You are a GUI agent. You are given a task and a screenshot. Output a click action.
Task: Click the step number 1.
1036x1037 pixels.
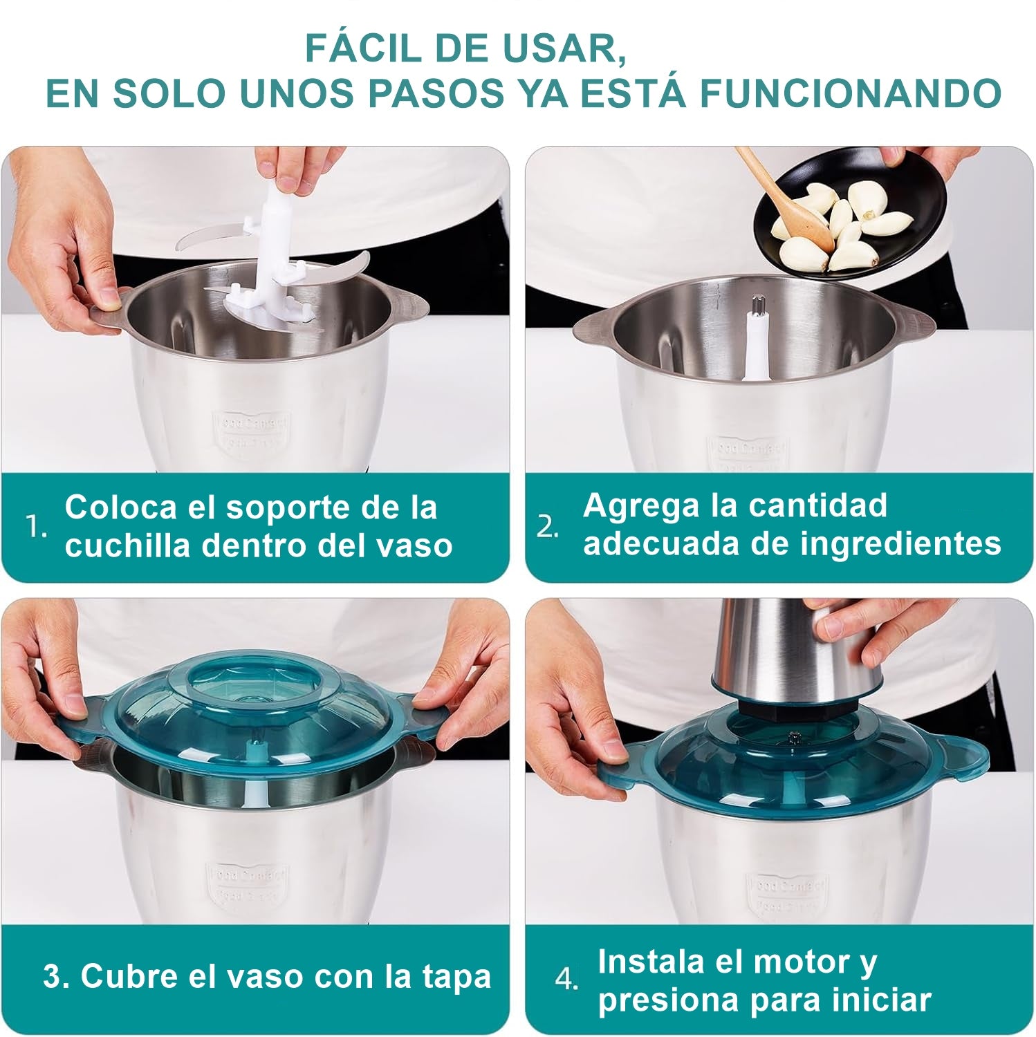coord(37,527)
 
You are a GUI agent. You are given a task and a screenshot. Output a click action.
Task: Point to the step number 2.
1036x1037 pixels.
coord(548,527)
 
